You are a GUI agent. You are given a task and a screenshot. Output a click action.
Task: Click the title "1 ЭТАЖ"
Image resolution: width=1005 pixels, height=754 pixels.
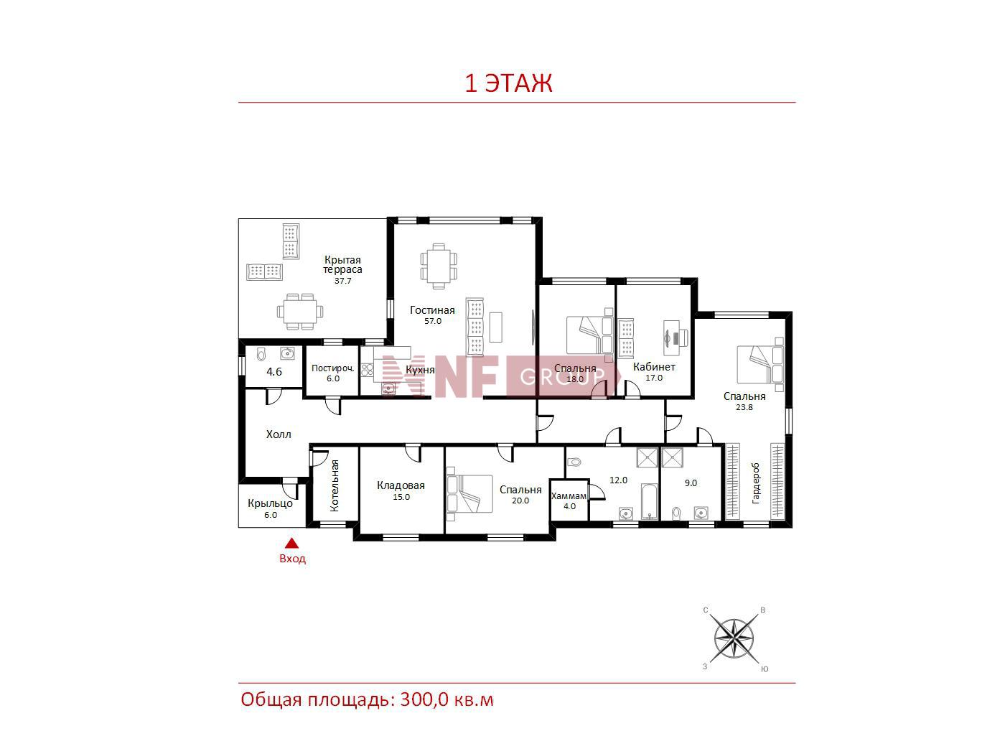pos(508,83)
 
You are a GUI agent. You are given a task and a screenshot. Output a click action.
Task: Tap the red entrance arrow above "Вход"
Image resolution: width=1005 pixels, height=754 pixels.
pos(291,544)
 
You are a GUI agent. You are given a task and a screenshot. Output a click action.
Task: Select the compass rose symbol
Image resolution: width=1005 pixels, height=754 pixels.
pos(734,638)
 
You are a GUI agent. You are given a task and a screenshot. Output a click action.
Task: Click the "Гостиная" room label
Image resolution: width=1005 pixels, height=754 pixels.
pos(432,310)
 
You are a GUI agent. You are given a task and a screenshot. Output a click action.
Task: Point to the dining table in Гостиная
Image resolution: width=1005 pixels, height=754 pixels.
pos(439,266)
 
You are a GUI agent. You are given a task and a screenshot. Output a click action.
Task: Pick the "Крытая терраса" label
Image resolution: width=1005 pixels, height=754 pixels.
pos(342,264)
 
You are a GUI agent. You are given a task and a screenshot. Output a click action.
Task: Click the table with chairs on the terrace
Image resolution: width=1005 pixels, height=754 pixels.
pos(300,312)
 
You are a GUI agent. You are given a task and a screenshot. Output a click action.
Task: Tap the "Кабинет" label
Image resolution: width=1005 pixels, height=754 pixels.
pos(654,367)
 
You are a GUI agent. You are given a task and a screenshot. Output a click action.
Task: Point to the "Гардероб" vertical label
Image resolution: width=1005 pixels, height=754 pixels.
pos(755,483)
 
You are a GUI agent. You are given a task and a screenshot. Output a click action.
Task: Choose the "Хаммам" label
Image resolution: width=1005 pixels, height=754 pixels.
pos(569,495)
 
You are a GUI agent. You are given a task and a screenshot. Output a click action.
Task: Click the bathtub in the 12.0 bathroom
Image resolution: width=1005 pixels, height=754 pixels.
pos(649,501)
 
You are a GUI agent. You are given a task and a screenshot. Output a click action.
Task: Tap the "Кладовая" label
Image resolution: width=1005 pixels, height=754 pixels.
pos(401,485)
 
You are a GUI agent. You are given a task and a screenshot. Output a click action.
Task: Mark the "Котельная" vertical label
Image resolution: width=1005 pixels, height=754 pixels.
pos(335,485)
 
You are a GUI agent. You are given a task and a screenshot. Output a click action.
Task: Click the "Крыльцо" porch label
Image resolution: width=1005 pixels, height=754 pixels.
pos(270,503)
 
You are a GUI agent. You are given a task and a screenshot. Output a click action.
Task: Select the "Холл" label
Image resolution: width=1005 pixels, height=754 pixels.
pos(279,434)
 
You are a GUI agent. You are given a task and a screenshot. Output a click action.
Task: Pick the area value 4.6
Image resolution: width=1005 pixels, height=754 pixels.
pos(274,372)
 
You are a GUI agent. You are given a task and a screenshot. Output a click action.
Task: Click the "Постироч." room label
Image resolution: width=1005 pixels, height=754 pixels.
pos(333,368)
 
